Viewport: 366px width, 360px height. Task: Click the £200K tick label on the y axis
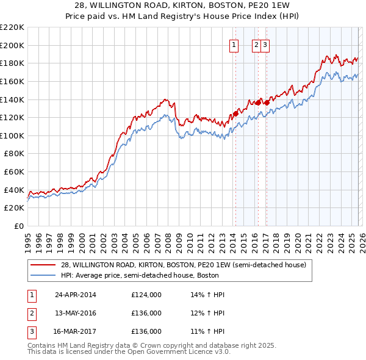12,45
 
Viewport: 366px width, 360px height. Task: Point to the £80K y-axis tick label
14,154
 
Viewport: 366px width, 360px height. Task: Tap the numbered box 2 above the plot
256,44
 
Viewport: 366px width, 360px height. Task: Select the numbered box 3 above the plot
267,44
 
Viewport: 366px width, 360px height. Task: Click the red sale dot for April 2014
235,113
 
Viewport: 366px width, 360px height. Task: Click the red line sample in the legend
43,265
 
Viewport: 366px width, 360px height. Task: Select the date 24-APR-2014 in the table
75,295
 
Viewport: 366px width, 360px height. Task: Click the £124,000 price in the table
146,295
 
